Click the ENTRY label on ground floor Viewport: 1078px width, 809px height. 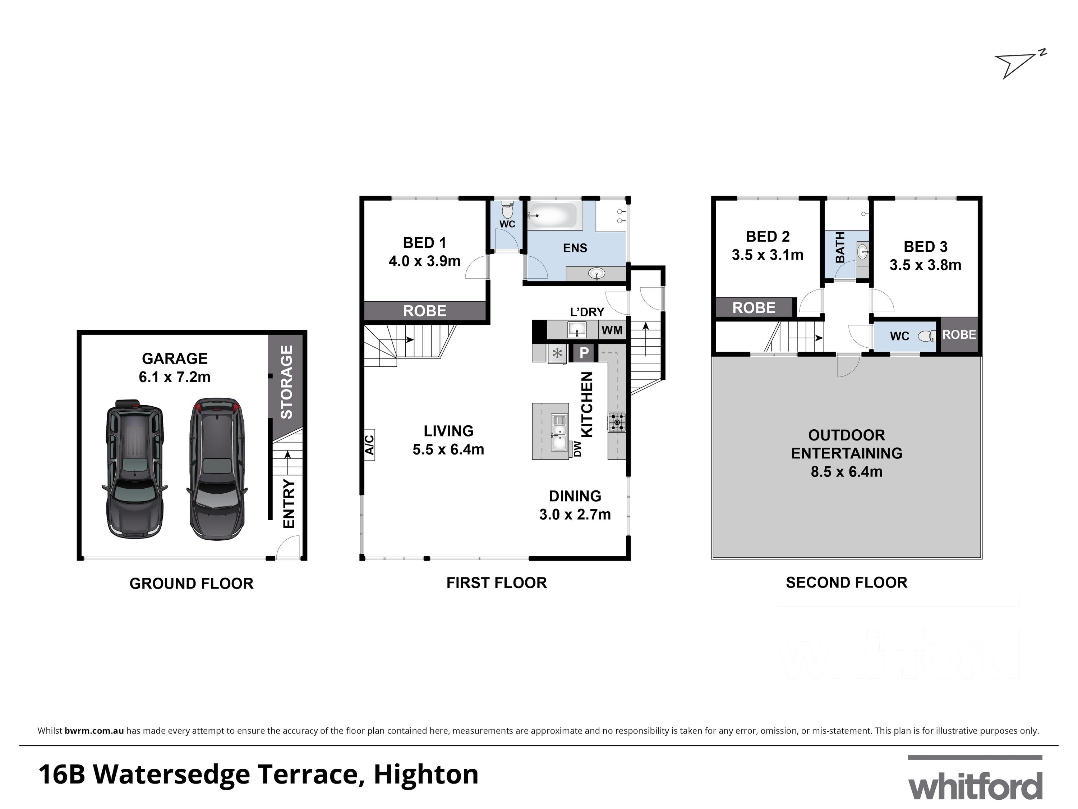pyautogui.click(x=289, y=503)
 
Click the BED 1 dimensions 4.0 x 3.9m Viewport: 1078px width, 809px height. pyautogui.click(x=424, y=261)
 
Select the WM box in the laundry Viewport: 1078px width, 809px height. pyautogui.click(x=612, y=330)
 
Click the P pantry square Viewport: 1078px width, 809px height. pyautogui.click(x=583, y=352)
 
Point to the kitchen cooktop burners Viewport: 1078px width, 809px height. pyautogui.click(x=617, y=422)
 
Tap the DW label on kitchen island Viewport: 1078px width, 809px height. pyautogui.click(x=577, y=449)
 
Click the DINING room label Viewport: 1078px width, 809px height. pyautogui.click(x=575, y=496)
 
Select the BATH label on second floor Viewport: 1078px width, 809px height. pyautogui.click(x=840, y=247)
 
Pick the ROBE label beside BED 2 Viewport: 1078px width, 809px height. pyautogui.click(x=754, y=308)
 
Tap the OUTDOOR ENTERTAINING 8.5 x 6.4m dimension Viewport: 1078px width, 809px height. pyautogui.click(x=847, y=471)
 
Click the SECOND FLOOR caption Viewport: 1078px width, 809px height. pyautogui.click(x=847, y=582)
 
